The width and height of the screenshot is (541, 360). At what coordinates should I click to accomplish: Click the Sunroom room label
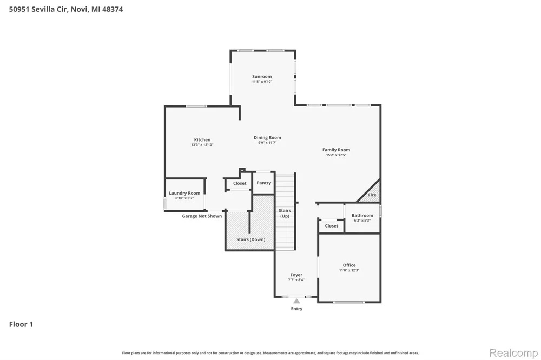point(262,77)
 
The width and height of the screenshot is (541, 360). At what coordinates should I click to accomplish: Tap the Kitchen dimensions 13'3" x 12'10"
point(202,145)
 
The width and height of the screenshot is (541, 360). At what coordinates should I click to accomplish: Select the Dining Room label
point(267,138)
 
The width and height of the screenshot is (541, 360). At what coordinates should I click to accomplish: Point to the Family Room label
point(336,150)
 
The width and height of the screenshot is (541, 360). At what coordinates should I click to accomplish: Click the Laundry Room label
point(184,193)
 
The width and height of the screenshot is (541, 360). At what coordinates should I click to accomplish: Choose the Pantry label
point(264,183)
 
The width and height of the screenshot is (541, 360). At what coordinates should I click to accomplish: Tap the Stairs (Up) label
point(285,213)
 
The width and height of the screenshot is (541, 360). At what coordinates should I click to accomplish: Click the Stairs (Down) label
point(251,239)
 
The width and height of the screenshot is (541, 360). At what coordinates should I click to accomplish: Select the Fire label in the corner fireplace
point(372,195)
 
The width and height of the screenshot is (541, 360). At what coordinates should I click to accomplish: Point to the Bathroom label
point(362,216)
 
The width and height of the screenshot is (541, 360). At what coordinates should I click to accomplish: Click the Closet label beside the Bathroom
point(331,226)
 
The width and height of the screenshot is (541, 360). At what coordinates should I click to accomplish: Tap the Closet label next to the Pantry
point(240,183)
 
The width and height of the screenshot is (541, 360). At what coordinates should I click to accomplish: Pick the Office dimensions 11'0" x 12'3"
point(349,270)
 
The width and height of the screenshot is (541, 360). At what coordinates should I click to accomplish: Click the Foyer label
point(296,275)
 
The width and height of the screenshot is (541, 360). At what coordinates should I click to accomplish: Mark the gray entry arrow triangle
point(296,301)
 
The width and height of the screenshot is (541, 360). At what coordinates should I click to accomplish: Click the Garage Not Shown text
point(202,216)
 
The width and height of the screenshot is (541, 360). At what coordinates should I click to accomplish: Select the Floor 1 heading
point(21,324)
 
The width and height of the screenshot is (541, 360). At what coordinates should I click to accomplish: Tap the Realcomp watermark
point(513,353)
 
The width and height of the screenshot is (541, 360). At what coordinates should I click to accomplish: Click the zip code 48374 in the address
point(113,9)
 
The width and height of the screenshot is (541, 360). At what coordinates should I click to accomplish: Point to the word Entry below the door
point(296,309)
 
